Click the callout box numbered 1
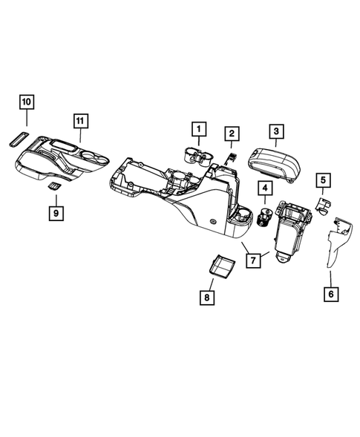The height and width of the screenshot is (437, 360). coord(198,129)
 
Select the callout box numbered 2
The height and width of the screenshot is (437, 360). coord(232,134)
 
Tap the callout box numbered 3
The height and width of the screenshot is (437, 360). coord(275,132)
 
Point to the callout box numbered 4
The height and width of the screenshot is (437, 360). coord(264,188)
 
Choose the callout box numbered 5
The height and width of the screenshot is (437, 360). coord(323,179)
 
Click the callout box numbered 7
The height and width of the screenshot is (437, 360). coord(254,260)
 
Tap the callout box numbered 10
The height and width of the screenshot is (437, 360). coord(26,101)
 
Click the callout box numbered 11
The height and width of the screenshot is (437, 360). coord(80,120)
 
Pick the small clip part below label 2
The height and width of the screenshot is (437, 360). coord(230,157)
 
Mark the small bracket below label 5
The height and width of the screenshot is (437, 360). coord(324,203)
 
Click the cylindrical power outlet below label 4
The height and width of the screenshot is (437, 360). coord(263,217)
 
